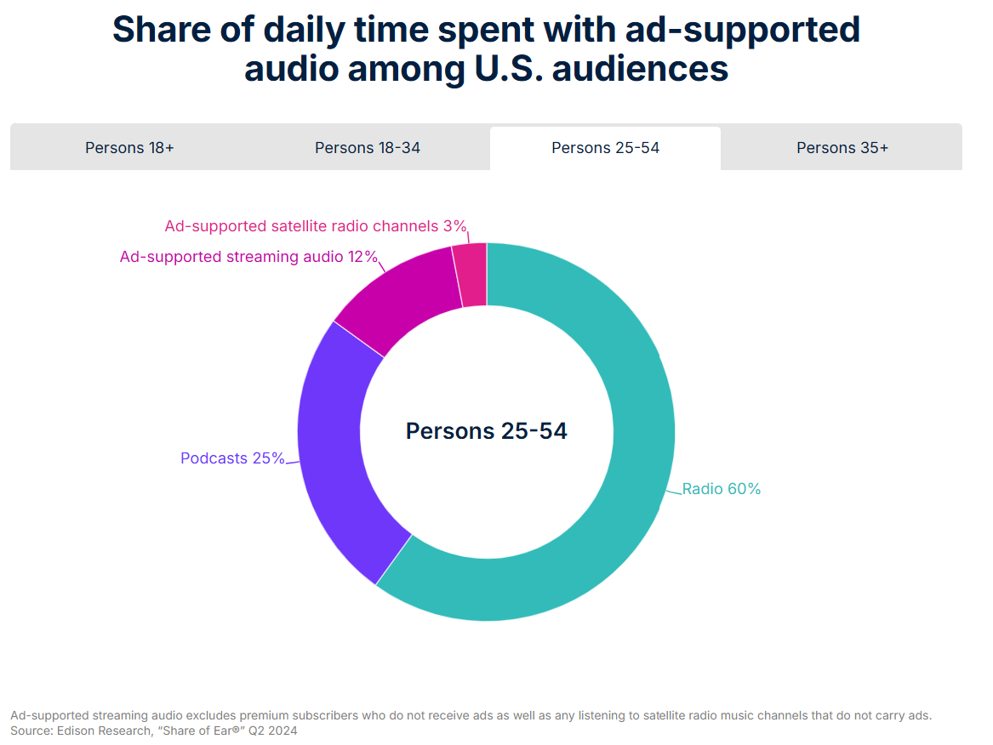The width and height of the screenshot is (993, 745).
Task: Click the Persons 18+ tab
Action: click(129, 148)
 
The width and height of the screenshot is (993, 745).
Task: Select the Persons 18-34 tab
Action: click(368, 148)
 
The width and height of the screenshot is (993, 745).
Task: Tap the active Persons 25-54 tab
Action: click(605, 148)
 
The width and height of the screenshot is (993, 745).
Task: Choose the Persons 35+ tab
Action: click(842, 148)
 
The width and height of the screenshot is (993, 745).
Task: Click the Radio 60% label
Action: click(722, 489)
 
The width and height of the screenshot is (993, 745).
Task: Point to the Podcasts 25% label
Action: click(232, 458)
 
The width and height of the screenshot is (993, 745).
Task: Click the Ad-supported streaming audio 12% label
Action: click(248, 257)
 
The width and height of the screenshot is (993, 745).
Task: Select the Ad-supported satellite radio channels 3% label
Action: click(316, 226)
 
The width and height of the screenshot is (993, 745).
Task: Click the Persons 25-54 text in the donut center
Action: click(486, 431)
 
